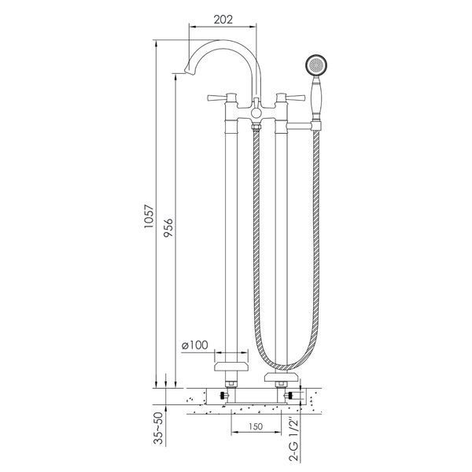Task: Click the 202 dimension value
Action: pos(223,20)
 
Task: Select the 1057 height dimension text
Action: pos(149,216)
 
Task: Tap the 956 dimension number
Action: pos(168,227)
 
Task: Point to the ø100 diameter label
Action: pos(195,345)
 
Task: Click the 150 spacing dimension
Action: pos(256,426)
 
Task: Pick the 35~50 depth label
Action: pos(158,428)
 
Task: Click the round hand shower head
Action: pos(316,65)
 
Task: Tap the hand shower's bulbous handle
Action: pos(316,98)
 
